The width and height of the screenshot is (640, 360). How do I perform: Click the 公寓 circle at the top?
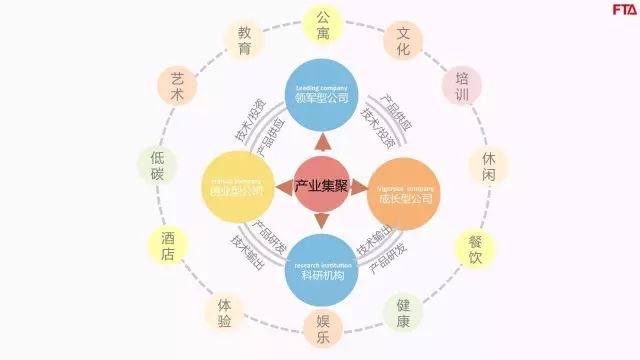322,25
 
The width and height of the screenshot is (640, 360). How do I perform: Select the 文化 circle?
403,39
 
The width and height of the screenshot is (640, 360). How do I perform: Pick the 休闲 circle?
487,168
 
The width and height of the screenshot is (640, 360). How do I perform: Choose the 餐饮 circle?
475,249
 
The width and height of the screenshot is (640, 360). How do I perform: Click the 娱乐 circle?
322,329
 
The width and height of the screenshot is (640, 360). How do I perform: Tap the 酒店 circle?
168,247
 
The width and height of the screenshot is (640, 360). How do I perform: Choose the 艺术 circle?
177,87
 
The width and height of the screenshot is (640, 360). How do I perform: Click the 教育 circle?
244,40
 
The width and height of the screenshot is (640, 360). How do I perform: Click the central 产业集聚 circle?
320,187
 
